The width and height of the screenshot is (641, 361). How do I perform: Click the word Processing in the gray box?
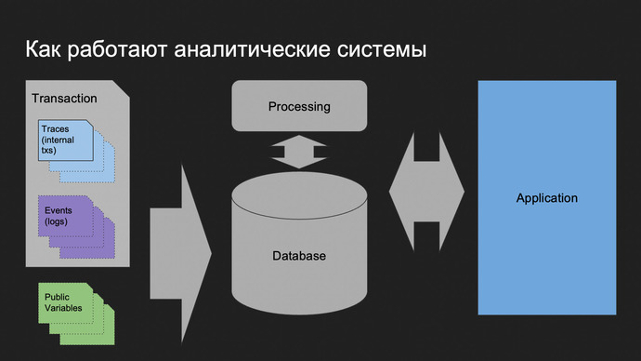pos(299,106)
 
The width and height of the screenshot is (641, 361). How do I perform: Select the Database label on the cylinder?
pos(299,255)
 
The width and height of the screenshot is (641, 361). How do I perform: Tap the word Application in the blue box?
pos(547,198)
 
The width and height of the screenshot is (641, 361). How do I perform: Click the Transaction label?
pos(64,98)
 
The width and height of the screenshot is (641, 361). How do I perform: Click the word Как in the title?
pos(42,49)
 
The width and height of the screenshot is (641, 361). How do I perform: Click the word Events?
pos(59,210)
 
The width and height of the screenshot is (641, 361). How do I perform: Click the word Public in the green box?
pos(58,297)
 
